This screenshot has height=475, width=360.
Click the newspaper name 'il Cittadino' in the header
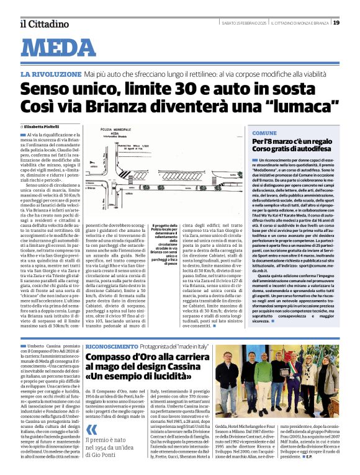point(43,24)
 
